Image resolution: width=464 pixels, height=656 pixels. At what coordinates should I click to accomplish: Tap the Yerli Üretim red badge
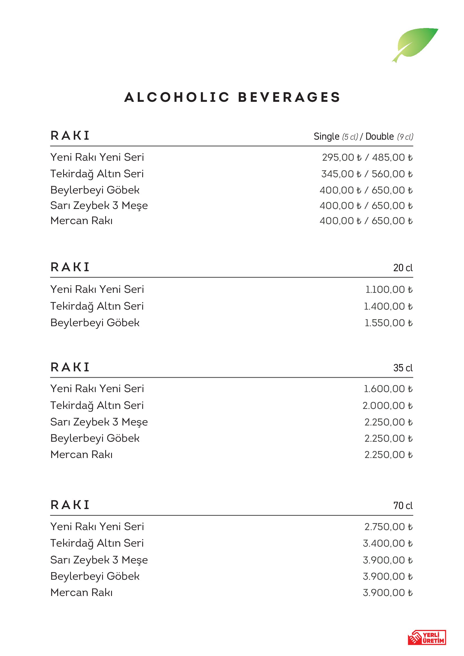click(427, 637)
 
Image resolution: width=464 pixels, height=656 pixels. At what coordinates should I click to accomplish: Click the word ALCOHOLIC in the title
click(177, 97)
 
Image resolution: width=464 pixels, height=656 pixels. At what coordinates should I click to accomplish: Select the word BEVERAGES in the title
click(289, 97)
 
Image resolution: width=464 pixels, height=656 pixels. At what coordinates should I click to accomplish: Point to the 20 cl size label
click(403, 268)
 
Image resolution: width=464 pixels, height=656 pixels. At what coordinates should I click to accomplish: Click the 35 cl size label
click(403, 368)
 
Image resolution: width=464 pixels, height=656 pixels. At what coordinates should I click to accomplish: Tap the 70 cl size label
click(403, 505)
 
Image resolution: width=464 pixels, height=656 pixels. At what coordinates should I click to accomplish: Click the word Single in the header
click(326, 137)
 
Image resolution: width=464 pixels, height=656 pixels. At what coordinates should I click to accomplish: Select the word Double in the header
click(380, 137)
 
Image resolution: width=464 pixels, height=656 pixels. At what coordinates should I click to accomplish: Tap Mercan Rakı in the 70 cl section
click(81, 593)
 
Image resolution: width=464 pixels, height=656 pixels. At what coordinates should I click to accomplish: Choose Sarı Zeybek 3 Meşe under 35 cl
click(99, 422)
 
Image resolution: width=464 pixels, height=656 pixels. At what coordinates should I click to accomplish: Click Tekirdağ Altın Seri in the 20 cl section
click(97, 306)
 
